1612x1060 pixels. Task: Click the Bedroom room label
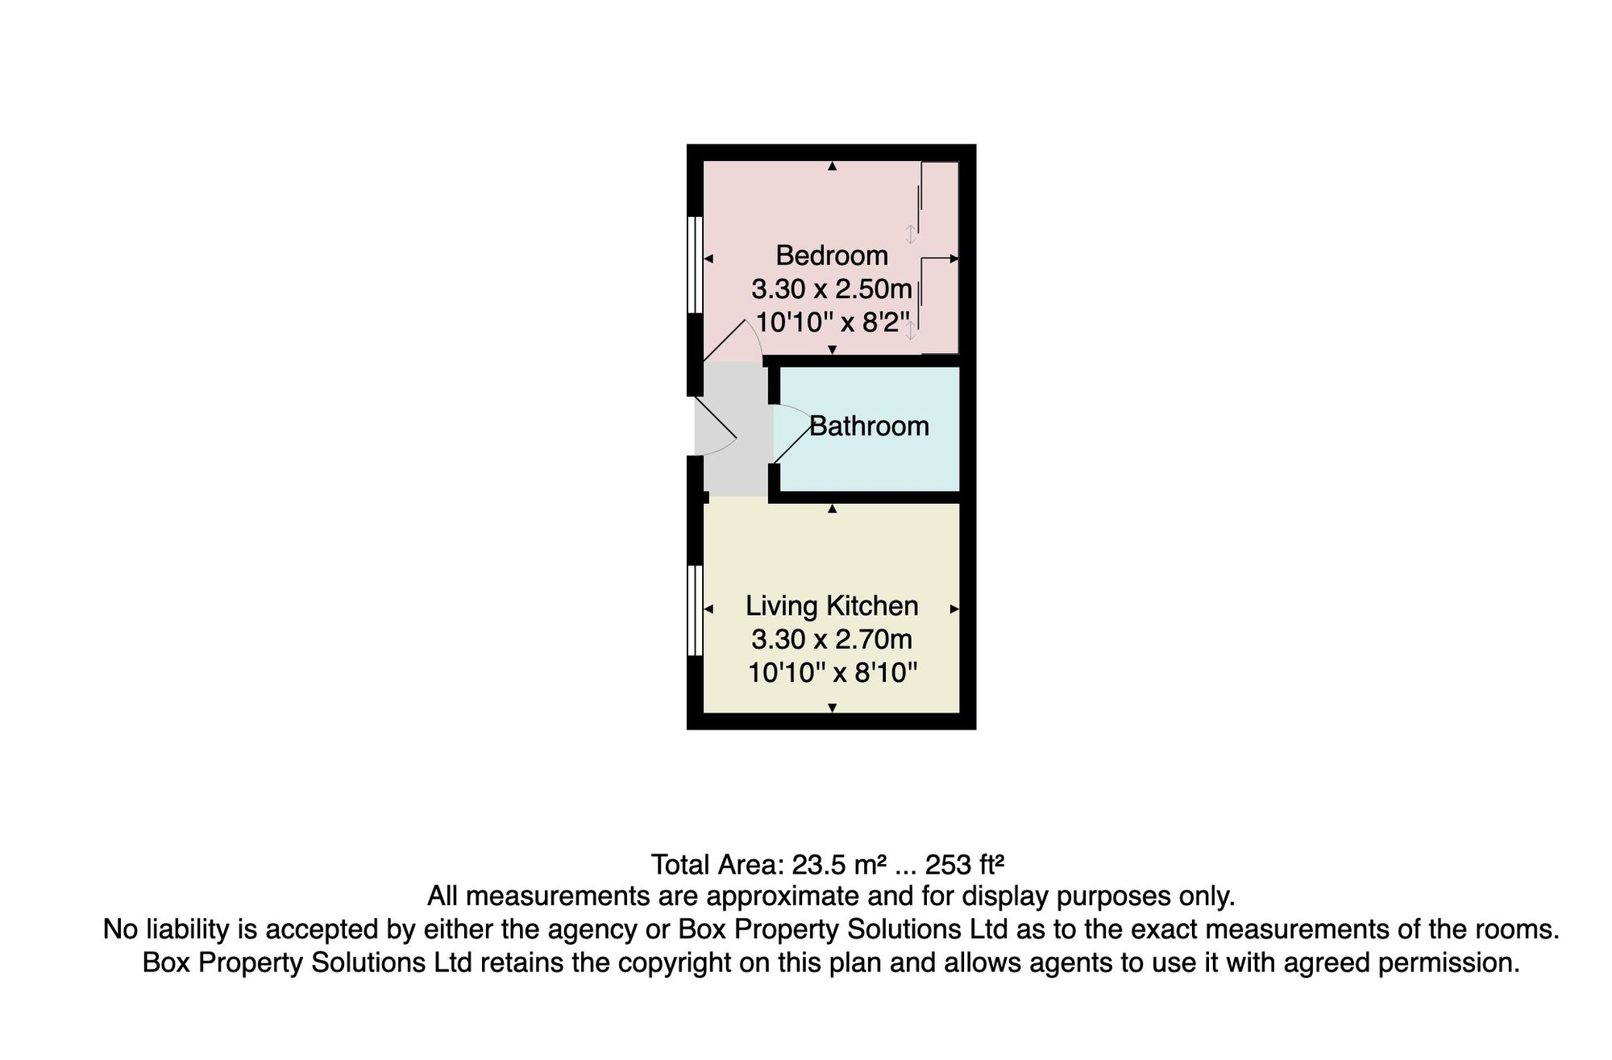pos(831,256)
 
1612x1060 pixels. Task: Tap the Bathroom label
pos(869,426)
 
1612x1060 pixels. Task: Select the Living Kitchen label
pos(831,606)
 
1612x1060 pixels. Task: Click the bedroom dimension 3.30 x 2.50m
pos(831,289)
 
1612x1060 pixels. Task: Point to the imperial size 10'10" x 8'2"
pos(831,322)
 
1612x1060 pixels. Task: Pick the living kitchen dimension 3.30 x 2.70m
pos(831,640)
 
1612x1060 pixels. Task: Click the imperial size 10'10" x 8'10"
pos(833,673)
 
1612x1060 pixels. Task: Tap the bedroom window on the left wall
pos(694,264)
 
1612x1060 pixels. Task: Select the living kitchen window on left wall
pos(694,610)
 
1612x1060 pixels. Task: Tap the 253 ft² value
pos(964,865)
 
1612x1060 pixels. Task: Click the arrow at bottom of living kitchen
pos(833,708)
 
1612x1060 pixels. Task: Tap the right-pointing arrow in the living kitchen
pos(954,609)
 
